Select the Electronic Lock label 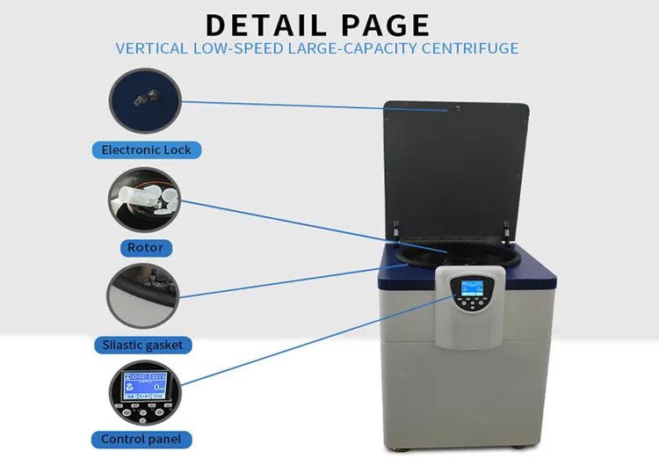point(146,149)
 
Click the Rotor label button point(145,247)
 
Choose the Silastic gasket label point(146,345)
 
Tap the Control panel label point(146,439)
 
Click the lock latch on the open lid point(457,109)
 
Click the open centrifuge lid point(457,167)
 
